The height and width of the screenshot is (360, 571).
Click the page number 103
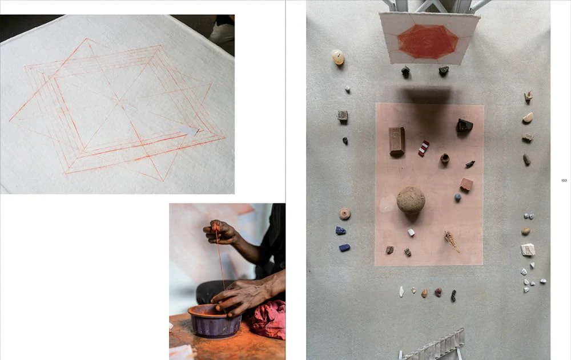click(564, 180)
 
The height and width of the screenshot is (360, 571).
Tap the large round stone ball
click(411, 200)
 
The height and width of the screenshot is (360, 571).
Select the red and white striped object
click(424, 148)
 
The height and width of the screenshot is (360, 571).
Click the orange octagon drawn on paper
click(428, 42)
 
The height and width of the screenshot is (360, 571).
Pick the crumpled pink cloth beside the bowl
click(269, 319)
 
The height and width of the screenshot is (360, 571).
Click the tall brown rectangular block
click(397, 141)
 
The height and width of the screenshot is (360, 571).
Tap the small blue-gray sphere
click(458, 197)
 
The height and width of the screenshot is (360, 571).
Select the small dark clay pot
click(445, 159)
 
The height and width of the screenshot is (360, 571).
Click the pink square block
click(466, 184)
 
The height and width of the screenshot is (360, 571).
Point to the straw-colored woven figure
click(452, 241)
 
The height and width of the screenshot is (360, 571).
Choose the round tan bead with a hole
click(344, 214)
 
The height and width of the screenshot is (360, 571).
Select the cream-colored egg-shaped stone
click(338, 57)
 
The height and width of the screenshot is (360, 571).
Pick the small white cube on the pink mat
click(411, 232)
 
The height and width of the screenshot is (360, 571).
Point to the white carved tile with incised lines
click(528, 250)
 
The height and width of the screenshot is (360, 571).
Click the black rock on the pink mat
click(464, 125)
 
